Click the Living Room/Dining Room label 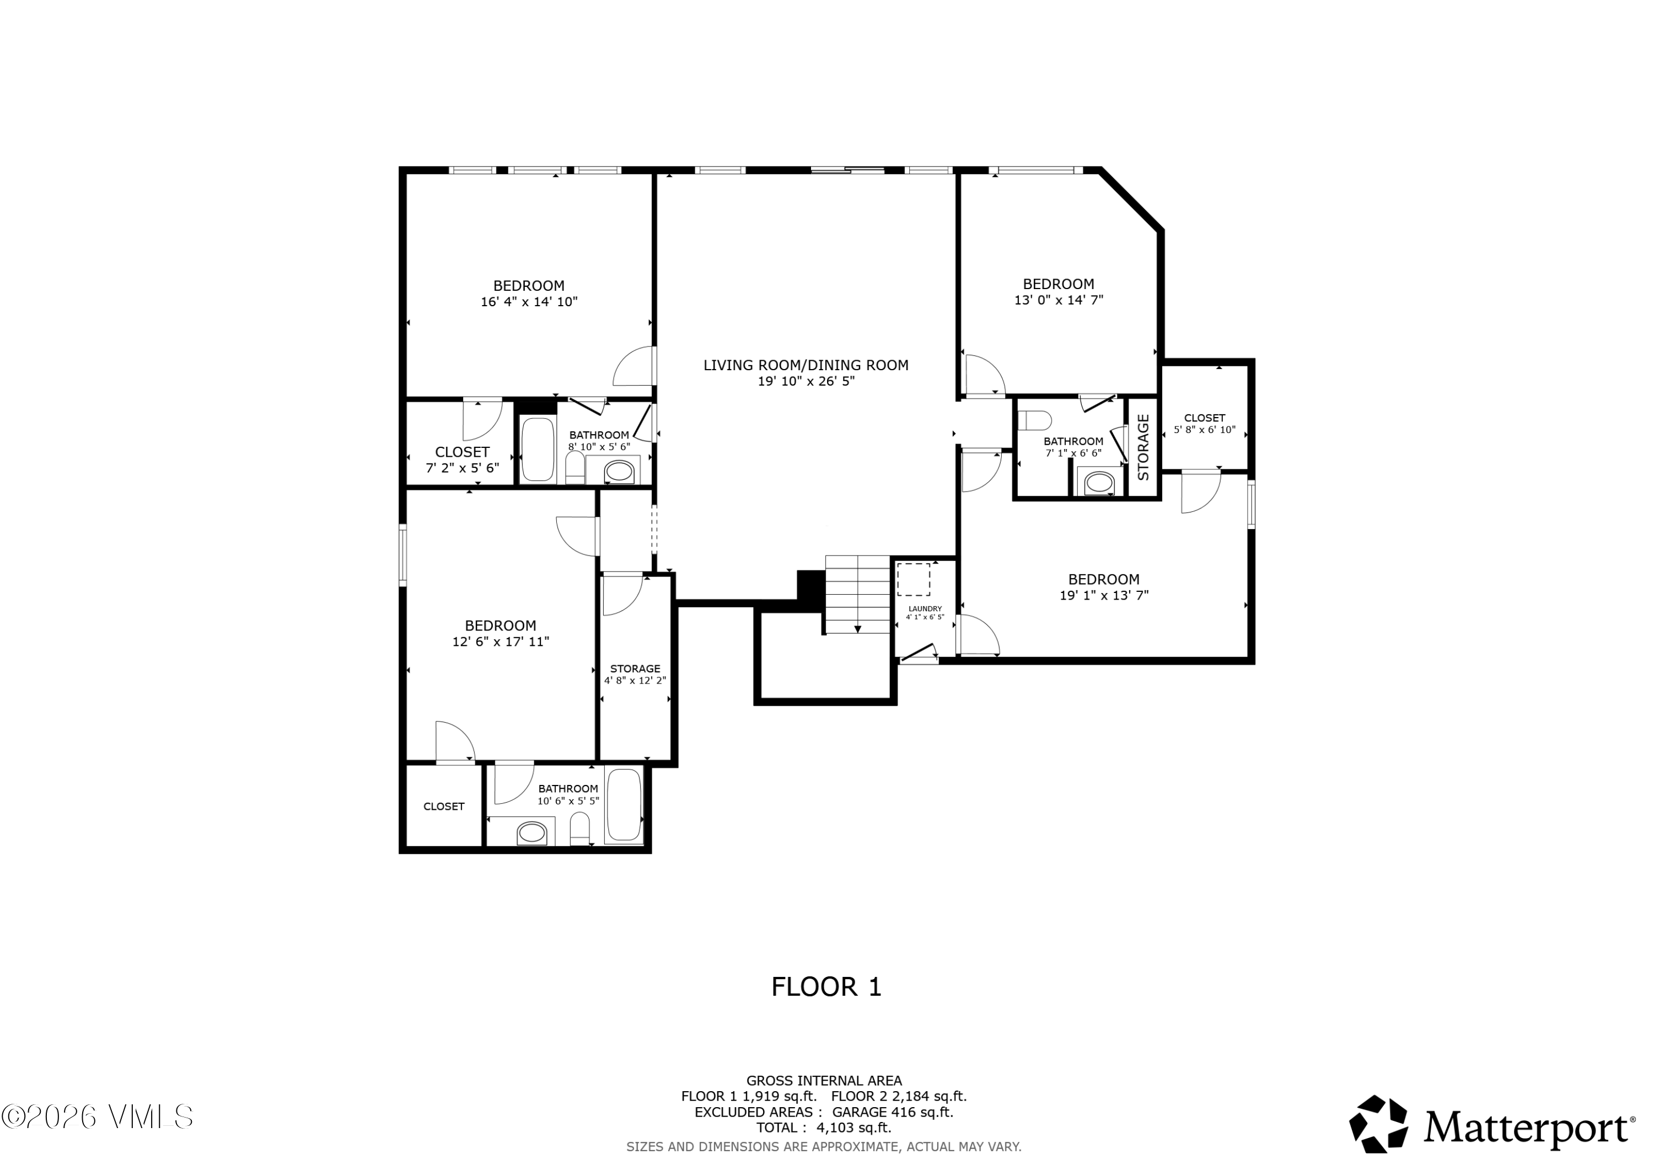pyautogui.click(x=805, y=366)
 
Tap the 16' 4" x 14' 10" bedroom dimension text pyautogui.click(x=529, y=302)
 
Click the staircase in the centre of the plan pyautogui.click(x=857, y=595)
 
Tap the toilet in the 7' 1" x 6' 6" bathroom pyautogui.click(x=1034, y=420)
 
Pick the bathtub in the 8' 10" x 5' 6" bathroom pyautogui.click(x=538, y=449)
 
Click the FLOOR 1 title pyautogui.click(x=826, y=987)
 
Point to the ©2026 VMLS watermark pyautogui.click(x=97, y=1116)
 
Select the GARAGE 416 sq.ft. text pyautogui.click(x=893, y=1112)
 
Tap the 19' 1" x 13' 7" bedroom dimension pyautogui.click(x=1104, y=595)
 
